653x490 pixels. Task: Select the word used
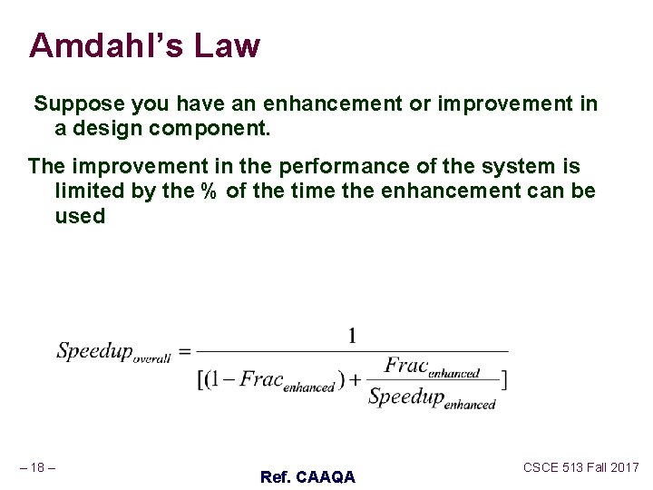tap(80, 216)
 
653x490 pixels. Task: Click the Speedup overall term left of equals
tap(112, 352)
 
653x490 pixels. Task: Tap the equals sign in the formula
tap(183, 352)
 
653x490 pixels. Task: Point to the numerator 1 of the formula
tap(353, 337)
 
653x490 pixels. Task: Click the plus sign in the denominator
tap(356, 379)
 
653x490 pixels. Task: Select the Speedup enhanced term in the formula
tap(432, 398)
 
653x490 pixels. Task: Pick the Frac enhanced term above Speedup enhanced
tap(432, 367)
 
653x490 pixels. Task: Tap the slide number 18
tap(38, 467)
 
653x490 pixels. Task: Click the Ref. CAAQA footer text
tap(307, 476)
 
